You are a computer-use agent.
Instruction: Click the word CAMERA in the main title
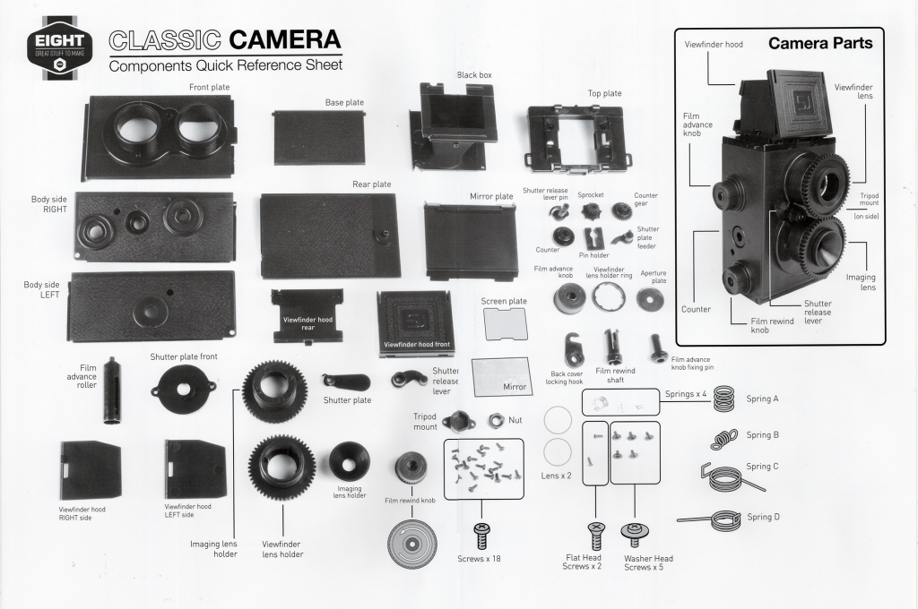(x=284, y=39)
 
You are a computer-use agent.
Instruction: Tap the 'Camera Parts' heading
(x=820, y=43)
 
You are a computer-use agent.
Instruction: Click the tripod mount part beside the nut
(x=455, y=421)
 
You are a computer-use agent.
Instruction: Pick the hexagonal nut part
(x=496, y=420)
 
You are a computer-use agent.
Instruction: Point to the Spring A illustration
(x=723, y=399)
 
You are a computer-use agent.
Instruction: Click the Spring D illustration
(x=720, y=519)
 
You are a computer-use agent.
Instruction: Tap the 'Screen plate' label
(x=504, y=301)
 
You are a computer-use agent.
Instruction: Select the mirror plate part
(x=471, y=241)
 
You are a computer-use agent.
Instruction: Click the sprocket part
(x=590, y=210)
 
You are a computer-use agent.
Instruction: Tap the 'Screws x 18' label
(x=479, y=559)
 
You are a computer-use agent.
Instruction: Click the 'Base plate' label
(x=344, y=102)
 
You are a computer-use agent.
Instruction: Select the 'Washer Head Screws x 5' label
(x=648, y=562)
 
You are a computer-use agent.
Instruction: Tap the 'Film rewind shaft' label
(x=615, y=375)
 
